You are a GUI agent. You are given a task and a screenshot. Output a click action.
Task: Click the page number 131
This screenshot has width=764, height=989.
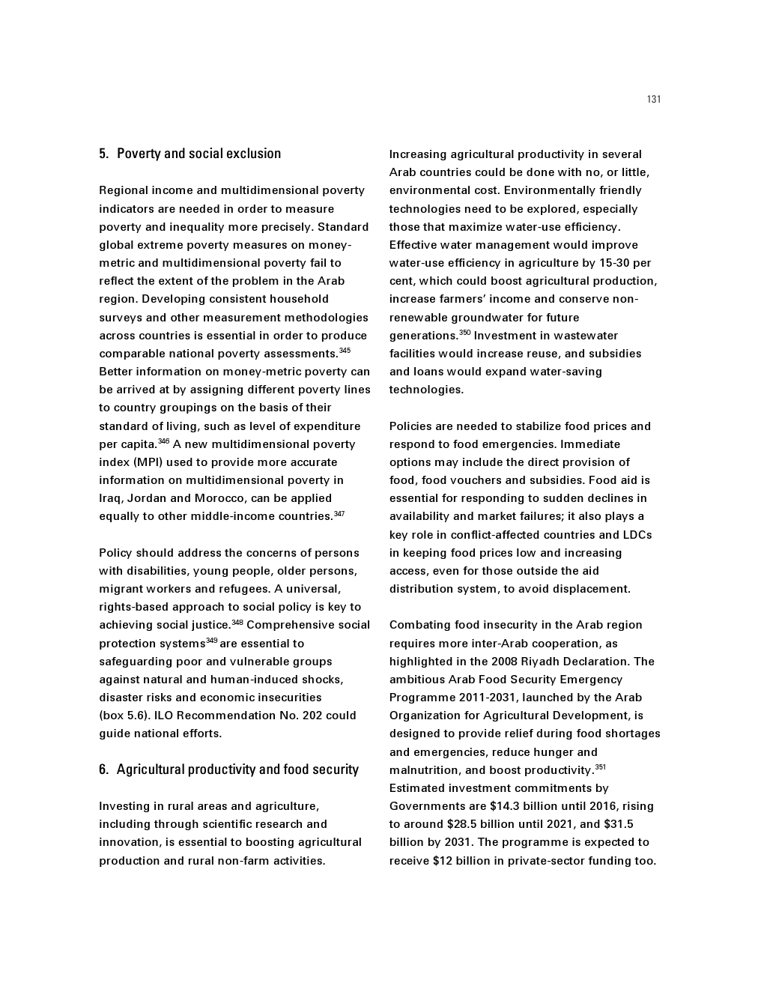pos(654,100)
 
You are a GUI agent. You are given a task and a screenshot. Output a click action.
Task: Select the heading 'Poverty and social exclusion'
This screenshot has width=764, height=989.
pos(198,154)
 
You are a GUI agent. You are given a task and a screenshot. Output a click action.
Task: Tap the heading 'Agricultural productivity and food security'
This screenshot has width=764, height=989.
pos(237,769)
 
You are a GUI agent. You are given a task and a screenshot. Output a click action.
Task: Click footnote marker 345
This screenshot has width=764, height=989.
pos(345,351)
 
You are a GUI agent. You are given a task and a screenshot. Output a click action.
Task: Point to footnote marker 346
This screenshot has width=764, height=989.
pos(163,441)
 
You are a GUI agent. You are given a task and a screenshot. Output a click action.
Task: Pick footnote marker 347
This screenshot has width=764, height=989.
pos(339,513)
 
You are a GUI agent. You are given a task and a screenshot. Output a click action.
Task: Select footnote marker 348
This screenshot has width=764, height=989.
pos(237,622)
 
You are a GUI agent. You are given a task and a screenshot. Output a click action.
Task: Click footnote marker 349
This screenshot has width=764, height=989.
pos(212,641)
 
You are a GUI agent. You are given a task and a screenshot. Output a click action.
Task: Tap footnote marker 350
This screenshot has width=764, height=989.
pos(464,333)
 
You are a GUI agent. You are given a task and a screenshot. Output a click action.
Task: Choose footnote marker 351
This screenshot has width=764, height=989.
pos(600,767)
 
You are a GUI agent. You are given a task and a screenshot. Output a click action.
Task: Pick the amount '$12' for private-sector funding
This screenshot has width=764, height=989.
pos(442,861)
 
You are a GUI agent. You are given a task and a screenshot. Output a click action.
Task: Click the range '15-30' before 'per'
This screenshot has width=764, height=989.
pos(614,263)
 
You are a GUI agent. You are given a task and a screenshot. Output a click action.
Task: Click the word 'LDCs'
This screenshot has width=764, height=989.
pos(637,535)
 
